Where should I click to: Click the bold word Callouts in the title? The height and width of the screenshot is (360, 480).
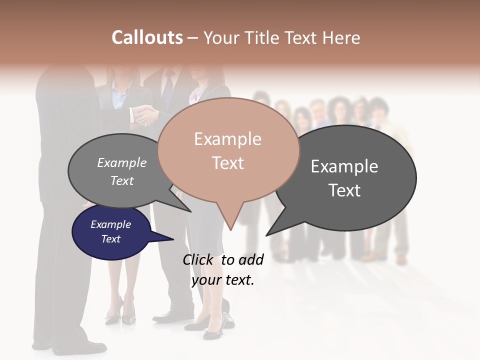click(147, 37)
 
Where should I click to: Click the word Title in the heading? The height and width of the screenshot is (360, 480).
click(263, 37)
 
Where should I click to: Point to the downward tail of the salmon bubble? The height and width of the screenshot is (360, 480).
click(230, 222)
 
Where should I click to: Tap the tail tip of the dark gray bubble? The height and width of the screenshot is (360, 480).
click(268, 233)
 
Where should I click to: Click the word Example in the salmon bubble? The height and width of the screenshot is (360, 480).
click(227, 139)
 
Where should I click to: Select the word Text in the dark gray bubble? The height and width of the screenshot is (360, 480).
click(344, 190)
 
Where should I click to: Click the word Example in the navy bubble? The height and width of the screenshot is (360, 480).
click(110, 224)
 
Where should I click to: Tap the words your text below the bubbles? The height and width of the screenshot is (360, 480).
click(223, 280)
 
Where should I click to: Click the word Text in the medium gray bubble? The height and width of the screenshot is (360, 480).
click(122, 181)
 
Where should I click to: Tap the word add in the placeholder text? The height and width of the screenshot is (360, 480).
click(250, 259)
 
